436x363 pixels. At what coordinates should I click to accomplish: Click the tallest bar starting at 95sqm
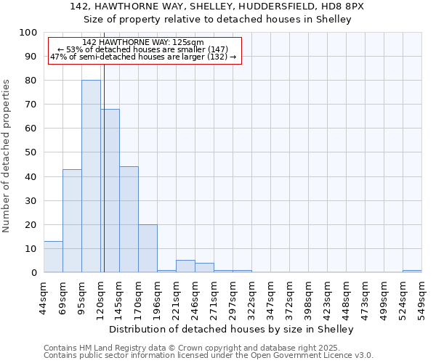91,176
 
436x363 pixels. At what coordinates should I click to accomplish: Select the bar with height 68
110,191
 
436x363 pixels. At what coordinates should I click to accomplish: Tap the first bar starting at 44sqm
53,257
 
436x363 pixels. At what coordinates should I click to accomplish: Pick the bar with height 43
72,221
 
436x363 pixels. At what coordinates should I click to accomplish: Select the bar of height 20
148,248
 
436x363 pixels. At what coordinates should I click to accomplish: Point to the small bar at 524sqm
412,271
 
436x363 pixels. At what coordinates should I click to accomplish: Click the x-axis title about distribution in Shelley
233,330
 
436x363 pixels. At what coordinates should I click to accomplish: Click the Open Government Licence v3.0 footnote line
209,356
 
